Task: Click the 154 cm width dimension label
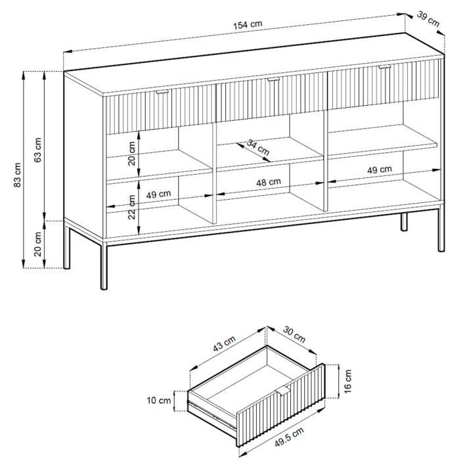coord(248,24)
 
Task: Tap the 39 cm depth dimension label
coord(428,18)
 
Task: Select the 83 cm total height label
coord(17,175)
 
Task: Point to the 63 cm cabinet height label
coord(37,150)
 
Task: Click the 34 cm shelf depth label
coord(258,147)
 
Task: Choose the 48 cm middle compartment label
coord(269,182)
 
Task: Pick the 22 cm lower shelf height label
coord(131,207)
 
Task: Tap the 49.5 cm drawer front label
coord(289,437)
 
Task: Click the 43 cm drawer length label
coord(225,343)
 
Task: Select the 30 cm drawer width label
coord(294,334)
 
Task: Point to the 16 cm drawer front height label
coord(348,381)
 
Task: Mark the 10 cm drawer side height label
coord(159,401)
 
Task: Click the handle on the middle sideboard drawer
coord(273,79)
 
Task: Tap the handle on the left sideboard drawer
coord(162,92)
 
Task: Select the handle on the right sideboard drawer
coord(385,67)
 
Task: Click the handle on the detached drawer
coord(282,390)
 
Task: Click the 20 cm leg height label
coord(37,244)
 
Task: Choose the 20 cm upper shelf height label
coord(131,153)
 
